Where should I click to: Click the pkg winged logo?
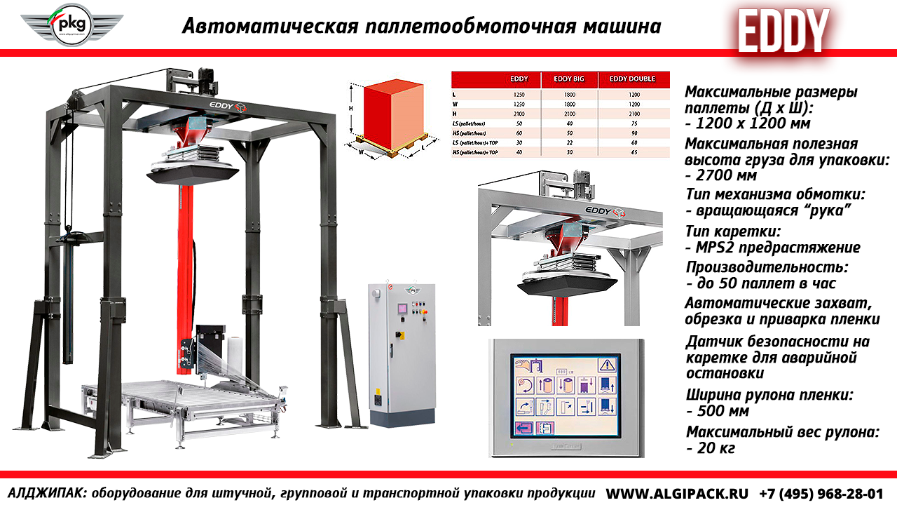(x=71, y=25)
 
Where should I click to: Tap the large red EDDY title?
(x=783, y=31)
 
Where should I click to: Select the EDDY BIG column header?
(x=570, y=79)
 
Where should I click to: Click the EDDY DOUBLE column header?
(x=632, y=79)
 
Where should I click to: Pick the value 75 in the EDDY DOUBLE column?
(x=634, y=123)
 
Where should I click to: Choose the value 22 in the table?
(x=570, y=142)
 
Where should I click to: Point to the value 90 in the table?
(x=634, y=133)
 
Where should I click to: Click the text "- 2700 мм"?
(x=721, y=176)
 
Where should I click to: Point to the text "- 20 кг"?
(x=711, y=447)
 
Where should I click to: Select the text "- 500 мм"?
(x=718, y=411)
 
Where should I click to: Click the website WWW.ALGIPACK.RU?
(x=676, y=493)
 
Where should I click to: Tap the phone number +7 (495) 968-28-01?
(x=821, y=493)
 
